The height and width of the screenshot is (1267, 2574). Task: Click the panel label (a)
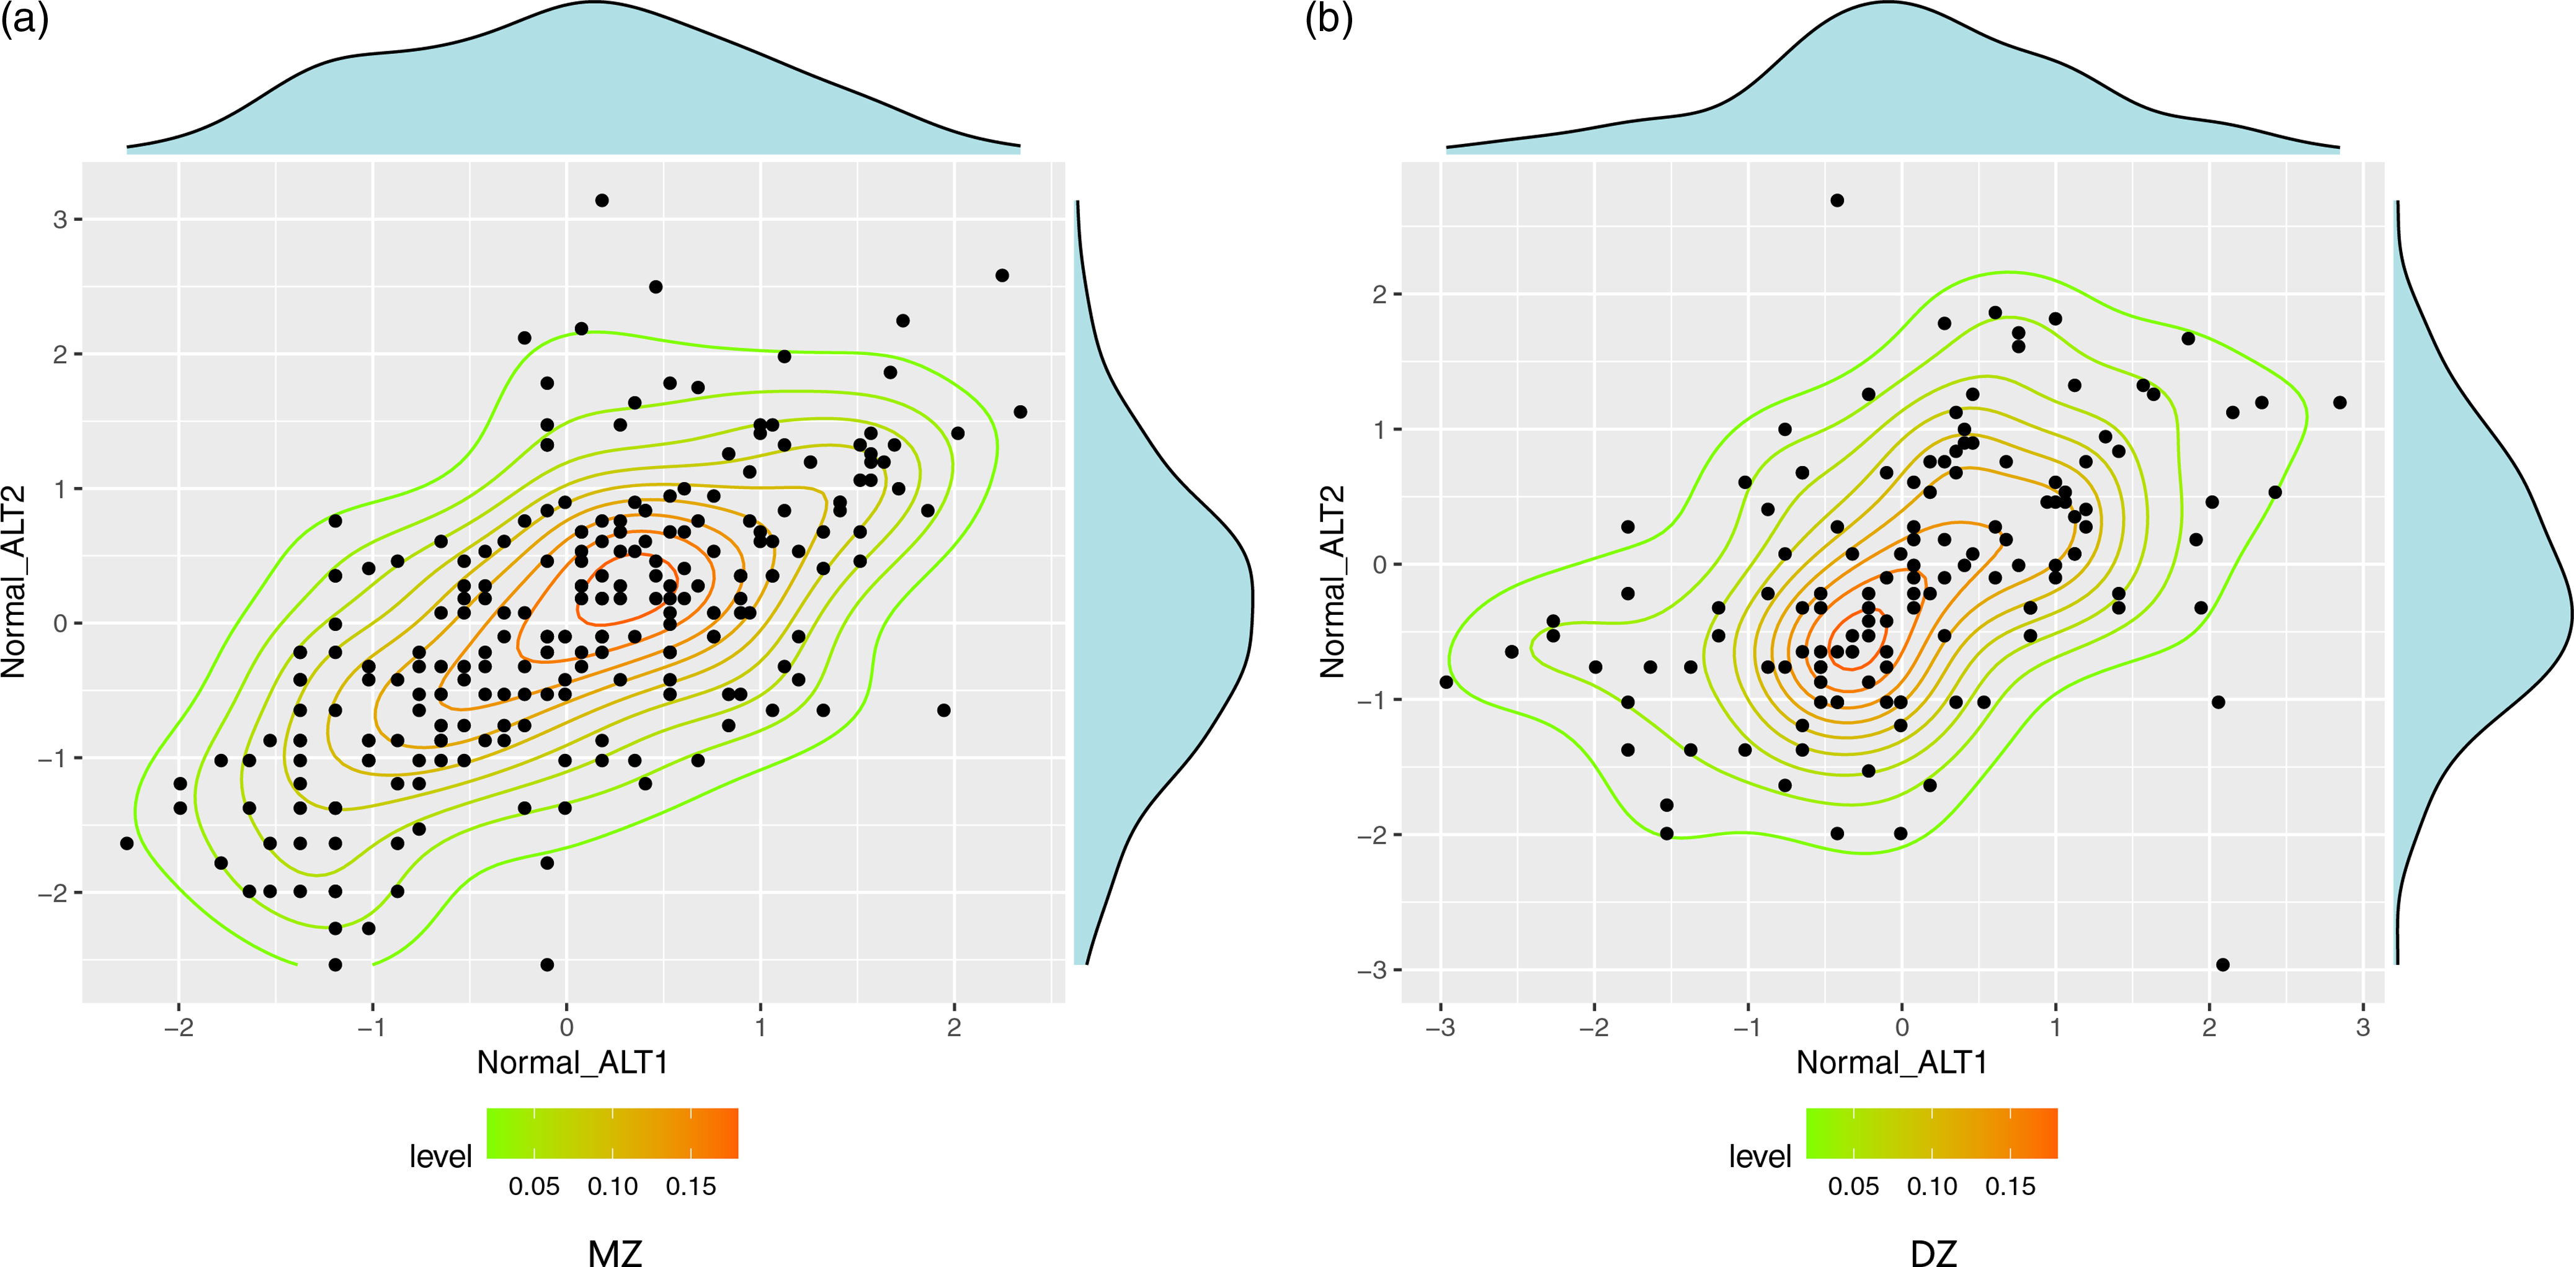(24, 20)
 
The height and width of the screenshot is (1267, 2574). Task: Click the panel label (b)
(1329, 20)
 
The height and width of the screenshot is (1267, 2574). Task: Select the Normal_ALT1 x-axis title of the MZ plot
(572, 1062)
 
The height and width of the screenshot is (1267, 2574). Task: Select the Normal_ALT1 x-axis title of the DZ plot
(1892, 1062)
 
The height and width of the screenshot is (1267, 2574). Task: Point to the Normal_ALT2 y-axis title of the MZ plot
(14, 581)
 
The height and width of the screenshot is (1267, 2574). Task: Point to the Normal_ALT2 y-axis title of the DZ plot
(1333, 581)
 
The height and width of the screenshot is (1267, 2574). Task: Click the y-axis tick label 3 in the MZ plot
(60, 219)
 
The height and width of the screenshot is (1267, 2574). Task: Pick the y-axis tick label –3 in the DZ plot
(1371, 970)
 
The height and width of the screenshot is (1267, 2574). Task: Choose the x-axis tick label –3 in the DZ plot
(1440, 1027)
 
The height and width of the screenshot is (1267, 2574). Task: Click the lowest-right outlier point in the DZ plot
(2222, 964)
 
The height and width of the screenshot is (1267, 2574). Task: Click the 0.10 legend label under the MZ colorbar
(613, 1187)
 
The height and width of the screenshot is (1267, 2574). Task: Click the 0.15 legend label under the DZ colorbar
(2010, 1187)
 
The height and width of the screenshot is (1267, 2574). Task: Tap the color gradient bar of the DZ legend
(1931, 1133)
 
